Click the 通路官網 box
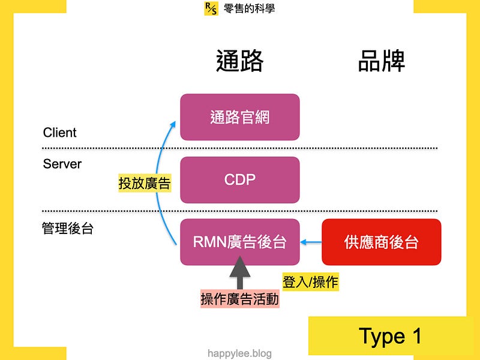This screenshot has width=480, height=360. point(239,117)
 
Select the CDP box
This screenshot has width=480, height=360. point(239,179)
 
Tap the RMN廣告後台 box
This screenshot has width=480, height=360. point(239,242)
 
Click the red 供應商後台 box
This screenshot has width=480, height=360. point(382,242)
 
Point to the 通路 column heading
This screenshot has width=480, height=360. point(239,61)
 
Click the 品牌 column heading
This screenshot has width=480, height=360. point(382,61)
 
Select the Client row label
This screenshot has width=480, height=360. point(59,133)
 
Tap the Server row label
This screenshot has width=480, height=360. point(62,164)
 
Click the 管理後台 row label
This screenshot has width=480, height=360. point(68,229)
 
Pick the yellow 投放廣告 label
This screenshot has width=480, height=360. point(145,183)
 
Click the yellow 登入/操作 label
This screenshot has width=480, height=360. point(310,281)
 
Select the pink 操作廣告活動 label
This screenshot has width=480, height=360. point(239,298)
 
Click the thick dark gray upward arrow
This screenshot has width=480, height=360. point(239,273)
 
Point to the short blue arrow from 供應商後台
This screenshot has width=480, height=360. point(311,242)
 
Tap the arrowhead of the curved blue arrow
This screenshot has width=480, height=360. point(173,124)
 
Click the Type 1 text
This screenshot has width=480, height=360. point(391,336)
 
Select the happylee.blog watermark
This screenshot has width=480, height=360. point(239,353)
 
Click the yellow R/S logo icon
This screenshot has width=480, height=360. point(211,8)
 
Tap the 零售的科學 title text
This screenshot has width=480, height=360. point(249,8)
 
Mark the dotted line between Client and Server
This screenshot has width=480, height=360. point(239,148)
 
